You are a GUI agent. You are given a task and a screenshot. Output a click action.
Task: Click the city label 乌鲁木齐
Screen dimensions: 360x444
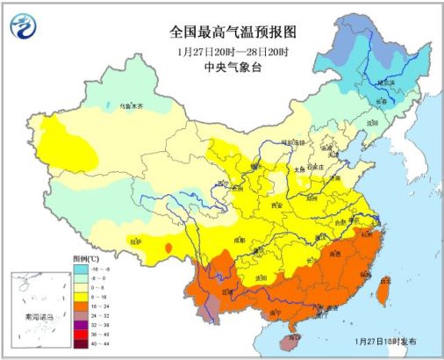[x=128, y=105]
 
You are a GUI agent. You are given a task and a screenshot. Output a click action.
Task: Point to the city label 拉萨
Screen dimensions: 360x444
[x=134, y=239]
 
